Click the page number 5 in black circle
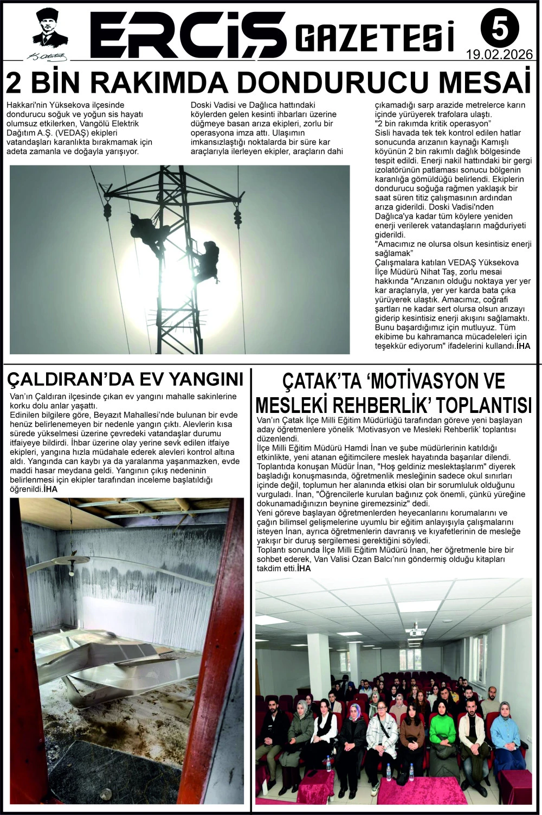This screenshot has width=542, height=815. click(499, 29)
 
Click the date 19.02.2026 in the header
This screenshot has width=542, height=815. click(499, 55)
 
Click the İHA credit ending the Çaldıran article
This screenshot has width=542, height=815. click(50, 489)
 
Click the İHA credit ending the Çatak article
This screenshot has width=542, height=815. click(304, 568)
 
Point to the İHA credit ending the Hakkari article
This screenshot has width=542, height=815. click(523, 345)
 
